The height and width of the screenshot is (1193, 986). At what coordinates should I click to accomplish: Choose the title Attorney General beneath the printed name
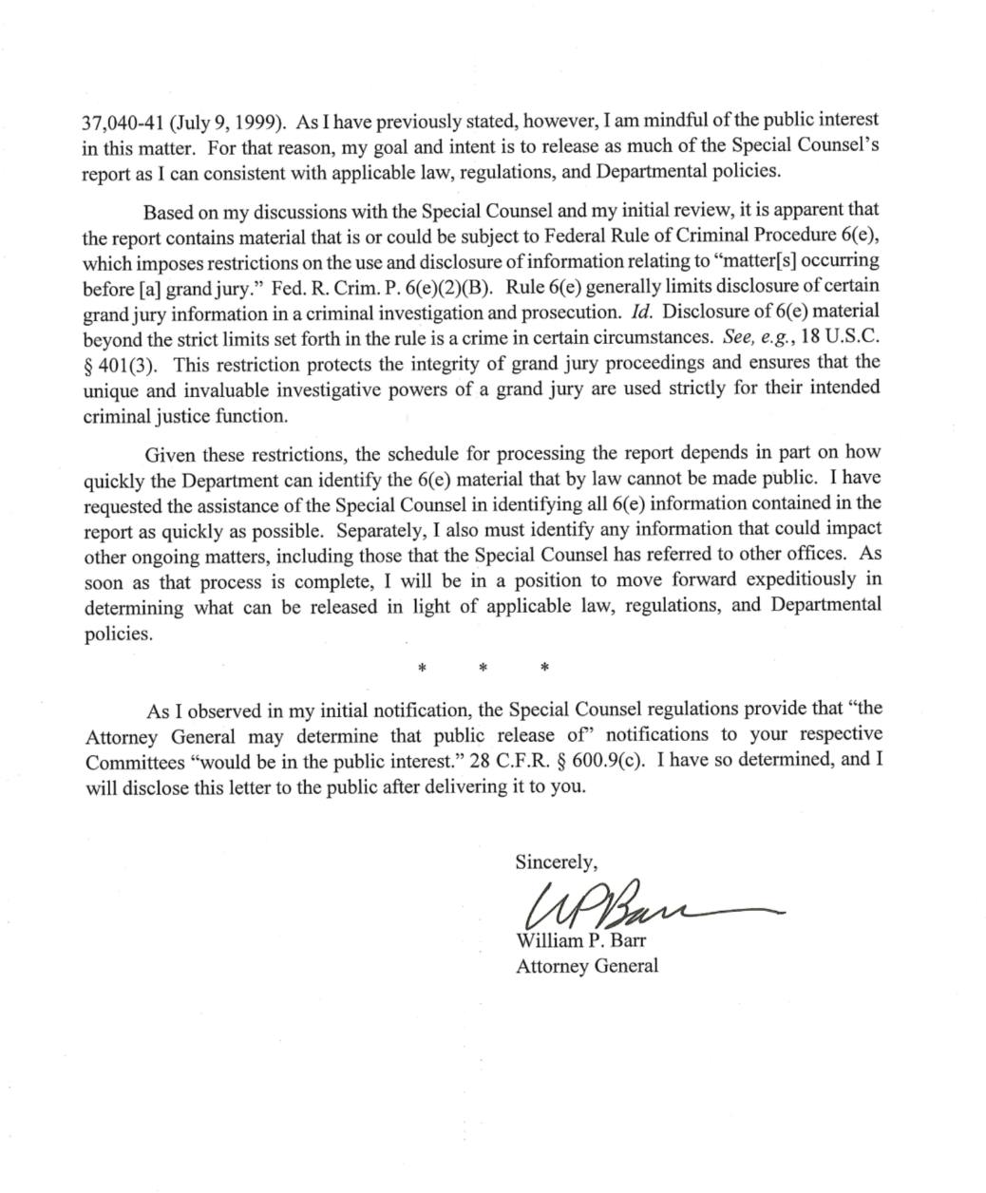coord(586,966)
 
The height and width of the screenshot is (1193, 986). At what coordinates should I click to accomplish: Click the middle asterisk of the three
coord(483,669)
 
